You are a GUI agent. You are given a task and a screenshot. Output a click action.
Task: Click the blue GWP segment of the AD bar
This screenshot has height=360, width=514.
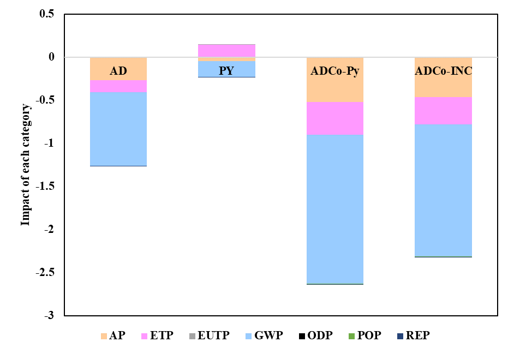118,129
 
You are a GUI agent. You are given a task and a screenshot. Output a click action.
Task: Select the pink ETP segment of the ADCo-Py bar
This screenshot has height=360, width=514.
335,118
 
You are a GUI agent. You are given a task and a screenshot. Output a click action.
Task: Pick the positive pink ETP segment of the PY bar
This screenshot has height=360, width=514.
226,51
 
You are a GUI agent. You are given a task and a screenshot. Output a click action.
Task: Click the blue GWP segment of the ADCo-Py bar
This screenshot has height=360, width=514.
335,209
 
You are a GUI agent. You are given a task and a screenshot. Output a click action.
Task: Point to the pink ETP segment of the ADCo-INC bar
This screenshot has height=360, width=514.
443,110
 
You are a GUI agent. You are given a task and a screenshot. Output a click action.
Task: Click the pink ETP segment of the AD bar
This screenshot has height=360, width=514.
118,86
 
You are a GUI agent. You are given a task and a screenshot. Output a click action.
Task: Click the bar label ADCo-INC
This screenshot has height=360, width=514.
443,71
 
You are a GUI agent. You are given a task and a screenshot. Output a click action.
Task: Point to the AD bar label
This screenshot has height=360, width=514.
118,71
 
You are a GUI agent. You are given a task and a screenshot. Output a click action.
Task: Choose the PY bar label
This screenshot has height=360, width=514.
226,71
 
